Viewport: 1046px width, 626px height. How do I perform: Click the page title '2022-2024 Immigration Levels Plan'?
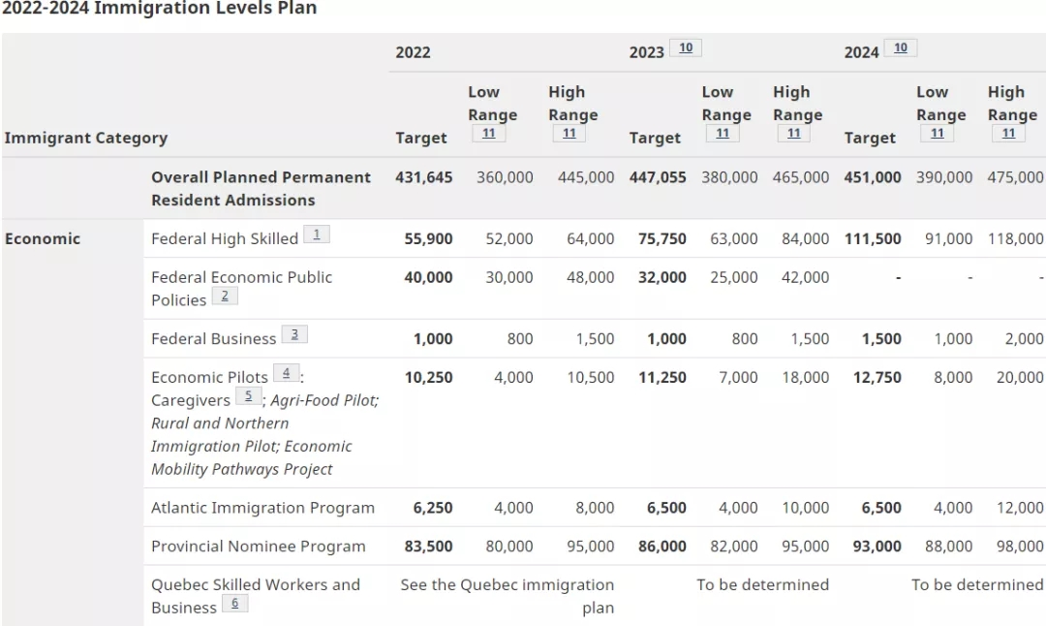(x=159, y=9)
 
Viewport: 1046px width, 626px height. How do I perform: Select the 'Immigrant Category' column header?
(x=85, y=138)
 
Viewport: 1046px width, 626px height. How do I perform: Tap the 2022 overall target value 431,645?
(x=423, y=177)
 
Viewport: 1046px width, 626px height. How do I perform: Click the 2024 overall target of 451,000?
(x=872, y=177)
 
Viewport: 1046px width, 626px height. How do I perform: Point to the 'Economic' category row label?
(x=43, y=238)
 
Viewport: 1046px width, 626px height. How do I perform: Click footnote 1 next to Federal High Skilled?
(x=316, y=235)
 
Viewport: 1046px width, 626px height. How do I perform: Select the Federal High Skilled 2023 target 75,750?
(x=661, y=238)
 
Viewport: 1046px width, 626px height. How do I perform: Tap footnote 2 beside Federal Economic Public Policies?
(x=224, y=297)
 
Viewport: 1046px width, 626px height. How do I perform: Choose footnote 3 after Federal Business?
(x=294, y=335)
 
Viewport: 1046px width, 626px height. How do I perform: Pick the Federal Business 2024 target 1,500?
(x=881, y=339)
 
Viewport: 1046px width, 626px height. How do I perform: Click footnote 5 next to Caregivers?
(x=248, y=396)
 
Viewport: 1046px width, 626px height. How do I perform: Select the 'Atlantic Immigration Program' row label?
(x=262, y=508)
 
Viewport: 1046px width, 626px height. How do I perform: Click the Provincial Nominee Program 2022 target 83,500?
(x=428, y=547)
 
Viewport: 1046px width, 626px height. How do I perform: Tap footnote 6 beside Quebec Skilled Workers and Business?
(x=234, y=604)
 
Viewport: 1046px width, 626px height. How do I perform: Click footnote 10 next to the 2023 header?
(x=686, y=48)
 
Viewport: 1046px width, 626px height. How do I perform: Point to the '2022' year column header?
(x=413, y=52)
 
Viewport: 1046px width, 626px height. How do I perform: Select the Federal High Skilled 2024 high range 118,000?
(x=1016, y=238)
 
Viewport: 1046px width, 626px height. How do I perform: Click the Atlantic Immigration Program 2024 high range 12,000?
(x=1020, y=508)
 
